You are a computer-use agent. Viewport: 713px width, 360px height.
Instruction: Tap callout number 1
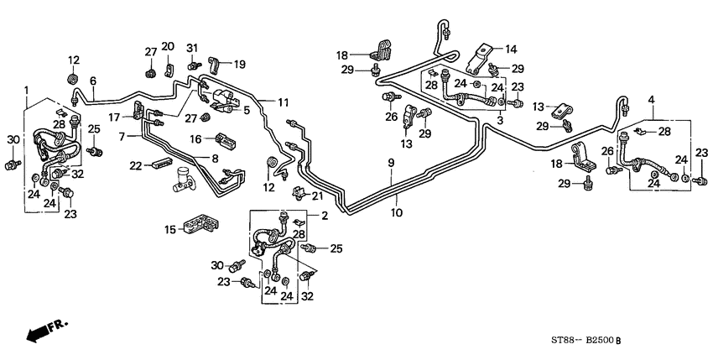(x=27, y=90)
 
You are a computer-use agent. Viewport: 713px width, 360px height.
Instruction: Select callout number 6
(x=94, y=80)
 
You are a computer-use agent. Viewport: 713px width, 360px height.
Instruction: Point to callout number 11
(x=283, y=102)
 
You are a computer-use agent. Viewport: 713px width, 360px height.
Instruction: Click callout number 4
(x=651, y=102)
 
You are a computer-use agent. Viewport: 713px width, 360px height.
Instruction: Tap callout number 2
(x=324, y=216)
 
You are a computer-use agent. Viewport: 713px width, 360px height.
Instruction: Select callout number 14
(x=511, y=50)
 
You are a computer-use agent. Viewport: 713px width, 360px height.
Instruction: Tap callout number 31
(x=191, y=45)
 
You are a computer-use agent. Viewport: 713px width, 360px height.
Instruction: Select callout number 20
(x=168, y=45)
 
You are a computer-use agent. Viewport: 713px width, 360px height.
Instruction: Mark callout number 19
(x=239, y=64)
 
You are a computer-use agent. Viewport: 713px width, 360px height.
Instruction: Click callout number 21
(x=318, y=196)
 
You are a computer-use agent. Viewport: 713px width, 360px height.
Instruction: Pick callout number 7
(x=122, y=136)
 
